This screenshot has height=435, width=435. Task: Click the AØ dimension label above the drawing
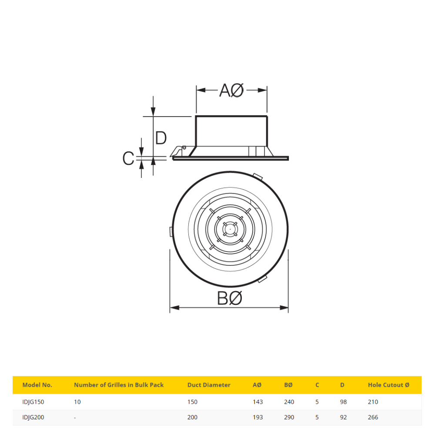231,90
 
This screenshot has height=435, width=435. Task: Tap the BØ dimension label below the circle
229,299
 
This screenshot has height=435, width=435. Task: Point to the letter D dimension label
161,138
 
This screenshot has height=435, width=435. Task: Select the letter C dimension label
128,159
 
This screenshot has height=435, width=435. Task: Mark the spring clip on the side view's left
178,151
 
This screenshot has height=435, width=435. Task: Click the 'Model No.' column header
37,385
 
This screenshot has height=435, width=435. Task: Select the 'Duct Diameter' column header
209,385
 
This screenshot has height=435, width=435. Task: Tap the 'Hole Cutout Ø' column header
388,385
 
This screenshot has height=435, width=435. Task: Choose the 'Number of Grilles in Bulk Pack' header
119,385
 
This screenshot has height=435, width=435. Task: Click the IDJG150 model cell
33,402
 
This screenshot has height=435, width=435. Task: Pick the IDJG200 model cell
33,417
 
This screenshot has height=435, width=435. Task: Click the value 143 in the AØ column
258,402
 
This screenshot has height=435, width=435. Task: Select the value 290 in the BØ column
289,417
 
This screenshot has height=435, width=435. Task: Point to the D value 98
343,402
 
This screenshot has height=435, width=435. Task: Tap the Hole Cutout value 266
373,417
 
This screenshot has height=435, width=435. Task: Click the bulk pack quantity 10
77,402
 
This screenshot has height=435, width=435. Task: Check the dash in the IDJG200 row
75,417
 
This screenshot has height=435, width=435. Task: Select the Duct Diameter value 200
192,417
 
